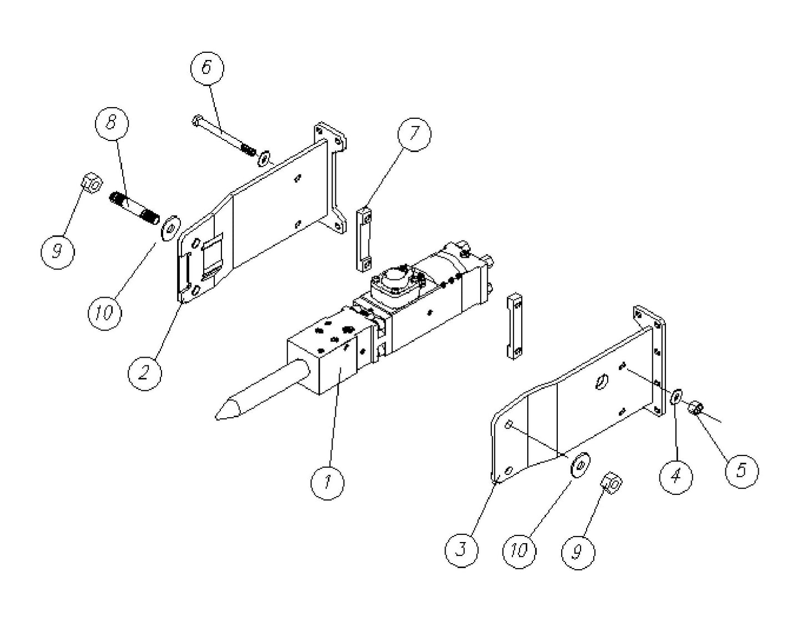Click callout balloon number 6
coord(206,68)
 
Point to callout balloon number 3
coord(462,550)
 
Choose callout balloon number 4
coord(676,476)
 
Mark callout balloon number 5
coord(742,470)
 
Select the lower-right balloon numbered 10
coord(519,551)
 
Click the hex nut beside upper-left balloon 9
coord(90,182)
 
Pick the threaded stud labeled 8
coord(135,207)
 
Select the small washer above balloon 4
coord(676,398)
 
